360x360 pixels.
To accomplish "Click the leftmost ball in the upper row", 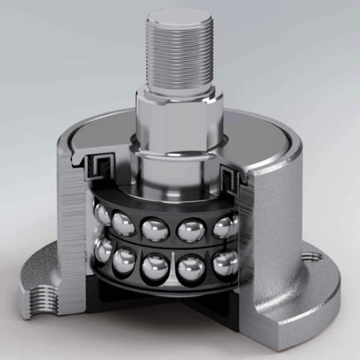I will [103, 214].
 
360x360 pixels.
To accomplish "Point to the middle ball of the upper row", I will [154, 231].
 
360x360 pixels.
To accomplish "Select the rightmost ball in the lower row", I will [225, 264].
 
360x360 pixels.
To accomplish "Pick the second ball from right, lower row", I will [190, 271].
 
